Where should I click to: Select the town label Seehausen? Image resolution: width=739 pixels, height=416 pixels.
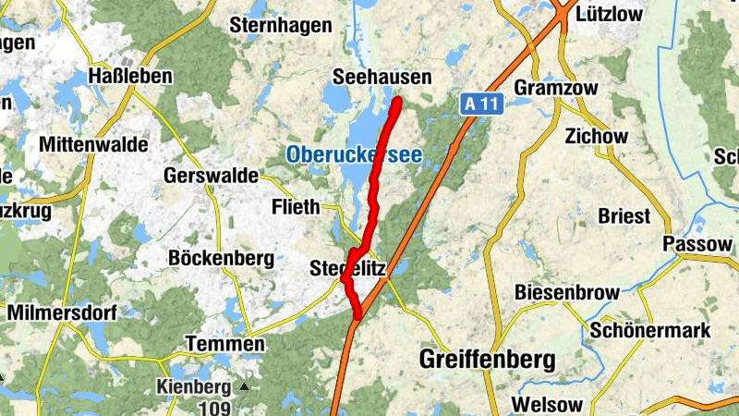tap(381, 79)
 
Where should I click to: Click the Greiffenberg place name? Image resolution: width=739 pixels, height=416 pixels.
tap(487, 359)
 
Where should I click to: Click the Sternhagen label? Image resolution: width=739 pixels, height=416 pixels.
tap(279, 25)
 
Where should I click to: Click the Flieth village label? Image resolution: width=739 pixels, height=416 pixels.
tap(296, 206)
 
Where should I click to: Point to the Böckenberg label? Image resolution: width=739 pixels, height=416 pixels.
tap(221, 258)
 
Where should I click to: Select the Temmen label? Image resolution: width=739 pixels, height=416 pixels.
tap(224, 344)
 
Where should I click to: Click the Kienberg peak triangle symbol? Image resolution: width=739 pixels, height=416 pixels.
tap(244, 386)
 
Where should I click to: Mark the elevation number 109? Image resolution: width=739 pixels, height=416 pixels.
tap(193, 405)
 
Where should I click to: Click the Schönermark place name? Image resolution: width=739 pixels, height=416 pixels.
tap(650, 330)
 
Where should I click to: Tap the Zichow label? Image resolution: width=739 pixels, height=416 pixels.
tap(596, 136)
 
